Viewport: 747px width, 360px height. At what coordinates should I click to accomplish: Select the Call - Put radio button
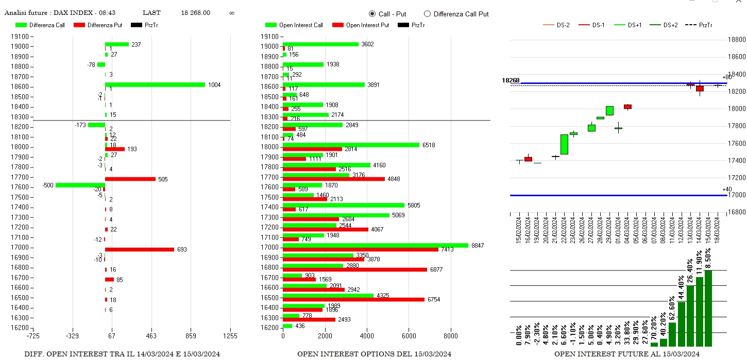[x=372, y=14]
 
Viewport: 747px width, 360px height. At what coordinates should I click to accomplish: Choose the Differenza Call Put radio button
[x=427, y=14]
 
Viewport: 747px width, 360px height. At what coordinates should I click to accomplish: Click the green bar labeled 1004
[x=155, y=84]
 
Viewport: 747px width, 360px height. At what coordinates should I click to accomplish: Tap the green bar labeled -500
[x=80, y=185]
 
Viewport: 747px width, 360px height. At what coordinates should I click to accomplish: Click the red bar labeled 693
[x=139, y=250]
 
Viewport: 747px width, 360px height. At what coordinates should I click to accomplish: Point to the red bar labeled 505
[x=130, y=179]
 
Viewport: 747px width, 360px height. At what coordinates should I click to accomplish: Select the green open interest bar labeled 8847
[x=375, y=246]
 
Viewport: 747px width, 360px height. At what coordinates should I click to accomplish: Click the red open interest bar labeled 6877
[x=354, y=270]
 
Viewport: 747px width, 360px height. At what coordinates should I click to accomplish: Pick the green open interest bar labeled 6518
[x=351, y=145]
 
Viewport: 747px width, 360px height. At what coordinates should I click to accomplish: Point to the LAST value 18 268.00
[x=195, y=13]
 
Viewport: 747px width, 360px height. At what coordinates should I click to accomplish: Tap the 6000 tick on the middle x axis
[x=409, y=336]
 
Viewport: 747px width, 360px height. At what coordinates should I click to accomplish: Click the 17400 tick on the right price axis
[x=736, y=161]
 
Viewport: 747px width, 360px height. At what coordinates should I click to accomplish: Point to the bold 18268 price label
[x=511, y=80]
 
